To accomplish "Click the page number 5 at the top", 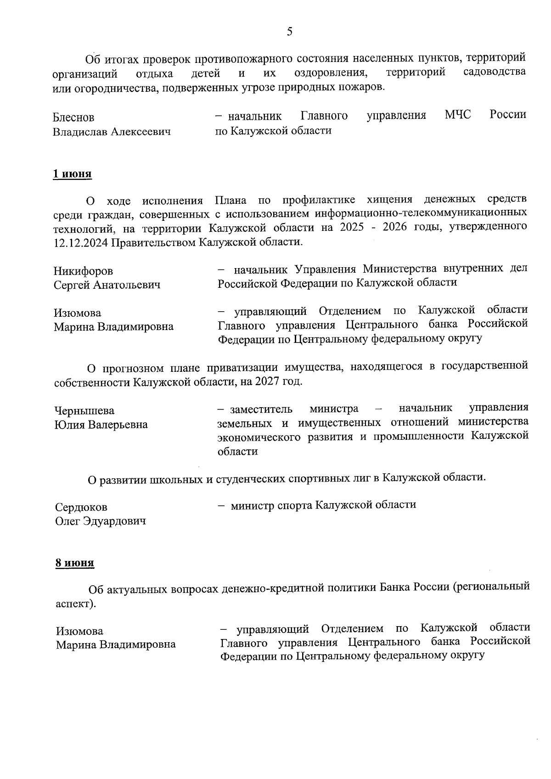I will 289,31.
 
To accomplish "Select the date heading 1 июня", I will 73,174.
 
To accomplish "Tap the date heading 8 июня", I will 75,562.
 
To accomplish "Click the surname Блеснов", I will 73,118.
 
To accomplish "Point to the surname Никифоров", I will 83,271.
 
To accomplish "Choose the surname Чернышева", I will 84,410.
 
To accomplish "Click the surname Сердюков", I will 81,507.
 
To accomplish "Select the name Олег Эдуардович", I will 101,521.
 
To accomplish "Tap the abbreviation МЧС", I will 458,115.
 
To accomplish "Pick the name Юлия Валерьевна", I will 101,424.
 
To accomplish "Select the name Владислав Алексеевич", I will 112,132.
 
